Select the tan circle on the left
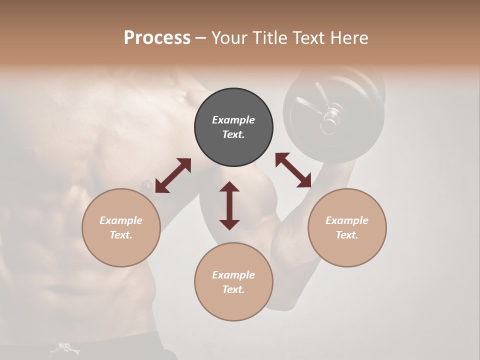[x=121, y=227]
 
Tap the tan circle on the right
[x=347, y=227]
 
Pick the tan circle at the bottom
[x=233, y=281]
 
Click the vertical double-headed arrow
[x=229, y=205]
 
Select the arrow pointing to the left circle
[x=173, y=175]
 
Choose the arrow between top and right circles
[x=293, y=170]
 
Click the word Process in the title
[x=157, y=37]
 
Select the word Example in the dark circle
[x=233, y=120]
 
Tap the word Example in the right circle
[x=347, y=220]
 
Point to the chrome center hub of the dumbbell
[x=330, y=118]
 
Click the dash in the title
[x=200, y=38]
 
